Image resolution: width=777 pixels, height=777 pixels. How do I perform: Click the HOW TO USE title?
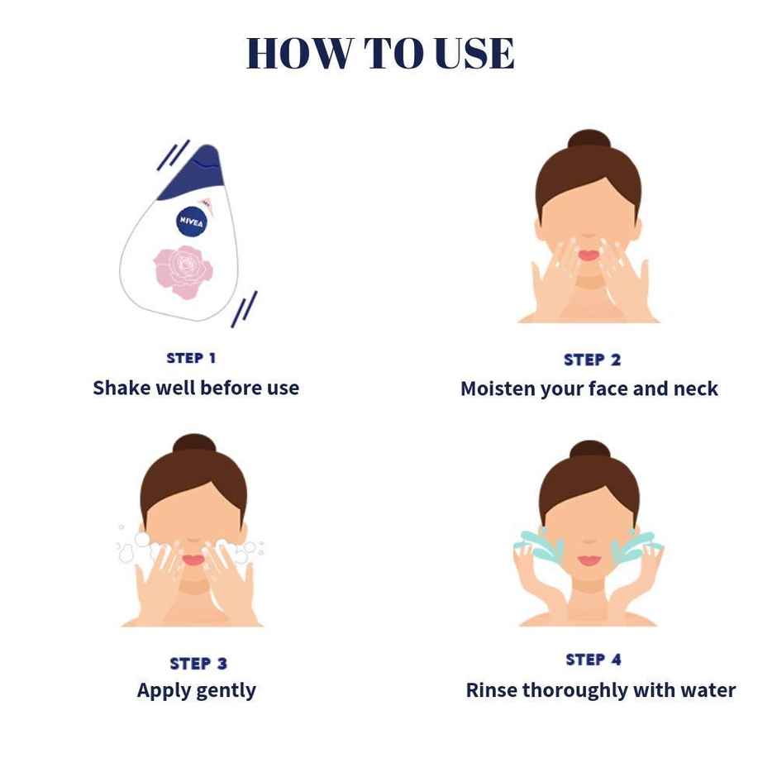coord(380,54)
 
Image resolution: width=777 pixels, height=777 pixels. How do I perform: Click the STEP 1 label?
coord(191,358)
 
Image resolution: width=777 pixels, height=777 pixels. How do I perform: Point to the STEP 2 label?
coord(592,360)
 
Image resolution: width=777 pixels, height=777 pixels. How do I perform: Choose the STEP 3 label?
coord(198,663)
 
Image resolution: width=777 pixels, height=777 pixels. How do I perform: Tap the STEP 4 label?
coord(593,660)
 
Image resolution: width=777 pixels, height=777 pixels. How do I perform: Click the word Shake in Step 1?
coord(118,388)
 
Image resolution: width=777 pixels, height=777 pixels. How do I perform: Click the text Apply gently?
coord(197,690)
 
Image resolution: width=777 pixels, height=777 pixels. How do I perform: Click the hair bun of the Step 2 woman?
coord(589,141)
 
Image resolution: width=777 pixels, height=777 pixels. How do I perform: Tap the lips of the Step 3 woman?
coord(193,560)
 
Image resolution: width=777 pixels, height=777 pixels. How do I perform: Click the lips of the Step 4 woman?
coord(589,560)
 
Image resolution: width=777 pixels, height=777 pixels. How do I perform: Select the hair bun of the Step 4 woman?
coord(589,451)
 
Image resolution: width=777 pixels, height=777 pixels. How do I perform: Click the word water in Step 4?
coord(709,690)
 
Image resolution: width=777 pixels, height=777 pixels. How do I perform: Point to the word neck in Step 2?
coord(696,388)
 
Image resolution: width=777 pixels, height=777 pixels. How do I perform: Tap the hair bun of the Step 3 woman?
coord(194,445)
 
